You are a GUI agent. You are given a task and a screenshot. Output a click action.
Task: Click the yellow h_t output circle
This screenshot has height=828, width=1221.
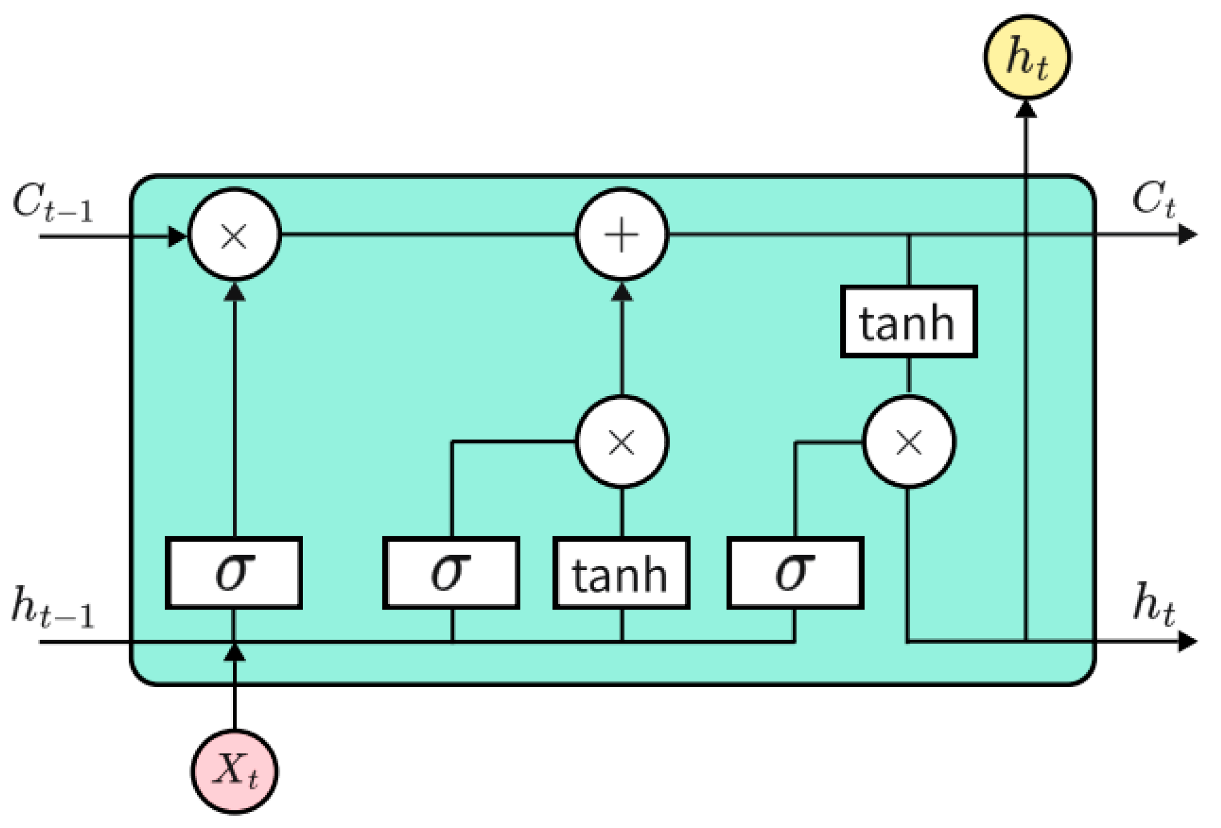pyautogui.click(x=1026, y=57)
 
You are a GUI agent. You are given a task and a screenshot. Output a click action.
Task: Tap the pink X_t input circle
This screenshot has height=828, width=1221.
pyautogui.click(x=234, y=771)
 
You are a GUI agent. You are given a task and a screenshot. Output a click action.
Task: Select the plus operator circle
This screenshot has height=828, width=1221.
pyautogui.click(x=621, y=234)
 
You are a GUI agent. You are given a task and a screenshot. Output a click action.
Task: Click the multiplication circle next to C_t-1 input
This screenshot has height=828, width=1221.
pyautogui.click(x=234, y=234)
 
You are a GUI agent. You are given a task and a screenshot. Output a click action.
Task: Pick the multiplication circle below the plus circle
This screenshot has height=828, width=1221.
pyautogui.click(x=621, y=442)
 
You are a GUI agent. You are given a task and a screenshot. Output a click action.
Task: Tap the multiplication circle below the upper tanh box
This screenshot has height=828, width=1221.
pyautogui.click(x=908, y=442)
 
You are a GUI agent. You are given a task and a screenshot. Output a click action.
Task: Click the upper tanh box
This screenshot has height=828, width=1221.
pyautogui.click(x=908, y=322)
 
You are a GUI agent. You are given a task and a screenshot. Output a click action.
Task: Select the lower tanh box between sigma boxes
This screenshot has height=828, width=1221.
pyautogui.click(x=621, y=573)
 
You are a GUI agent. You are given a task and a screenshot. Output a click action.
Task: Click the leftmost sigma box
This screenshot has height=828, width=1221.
pyautogui.click(x=234, y=573)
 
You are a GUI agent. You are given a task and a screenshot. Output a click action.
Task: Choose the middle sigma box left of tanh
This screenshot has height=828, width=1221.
pyautogui.click(x=451, y=573)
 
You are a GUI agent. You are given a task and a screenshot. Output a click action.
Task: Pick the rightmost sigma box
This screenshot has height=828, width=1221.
pyautogui.click(x=795, y=573)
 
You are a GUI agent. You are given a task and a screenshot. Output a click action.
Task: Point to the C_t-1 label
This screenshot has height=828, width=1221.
pyautogui.click(x=52, y=202)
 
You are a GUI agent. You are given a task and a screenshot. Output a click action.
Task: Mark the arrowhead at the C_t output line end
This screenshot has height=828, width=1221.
pyautogui.click(x=1187, y=234)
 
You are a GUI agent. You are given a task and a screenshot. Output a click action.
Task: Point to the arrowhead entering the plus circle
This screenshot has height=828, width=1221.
pyautogui.click(x=621, y=292)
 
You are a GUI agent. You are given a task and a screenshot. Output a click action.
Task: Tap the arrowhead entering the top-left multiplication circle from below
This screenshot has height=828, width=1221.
pyautogui.click(x=234, y=292)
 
